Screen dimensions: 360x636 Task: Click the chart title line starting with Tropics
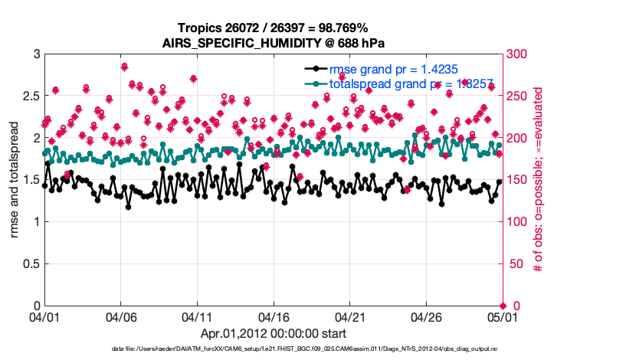point(273,28)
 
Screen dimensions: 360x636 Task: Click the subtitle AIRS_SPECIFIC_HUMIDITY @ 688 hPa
point(273,43)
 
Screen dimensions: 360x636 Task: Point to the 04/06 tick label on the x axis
point(121,316)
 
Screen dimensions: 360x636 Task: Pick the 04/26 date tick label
point(426,316)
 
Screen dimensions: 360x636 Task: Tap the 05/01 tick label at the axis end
point(502,316)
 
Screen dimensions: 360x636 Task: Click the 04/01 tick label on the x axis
point(45,316)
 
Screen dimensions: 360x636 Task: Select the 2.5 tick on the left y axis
point(29,97)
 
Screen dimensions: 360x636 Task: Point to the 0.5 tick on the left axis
point(29,264)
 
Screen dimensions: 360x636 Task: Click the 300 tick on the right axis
point(519,54)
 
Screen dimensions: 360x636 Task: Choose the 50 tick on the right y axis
point(516,264)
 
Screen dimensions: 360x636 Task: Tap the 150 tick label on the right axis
point(519,181)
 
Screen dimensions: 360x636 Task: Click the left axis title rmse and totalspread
point(15,180)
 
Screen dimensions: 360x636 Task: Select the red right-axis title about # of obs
point(539,180)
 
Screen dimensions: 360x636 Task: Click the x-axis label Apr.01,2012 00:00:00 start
point(273,333)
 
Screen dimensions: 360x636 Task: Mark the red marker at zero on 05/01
point(503,306)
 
